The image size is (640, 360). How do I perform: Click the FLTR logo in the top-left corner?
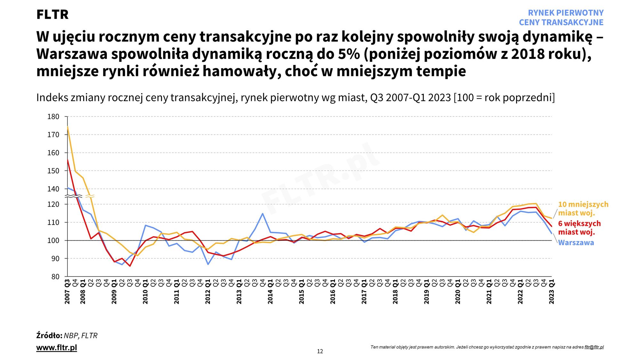click(52, 15)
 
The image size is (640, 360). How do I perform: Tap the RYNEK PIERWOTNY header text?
click(565, 13)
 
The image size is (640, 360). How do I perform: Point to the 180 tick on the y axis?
click(53, 117)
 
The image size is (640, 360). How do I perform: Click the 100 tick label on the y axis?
click(53, 241)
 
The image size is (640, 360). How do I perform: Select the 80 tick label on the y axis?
click(55, 277)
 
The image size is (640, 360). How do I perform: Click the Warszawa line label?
click(576, 243)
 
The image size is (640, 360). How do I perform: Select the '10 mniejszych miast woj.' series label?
click(583, 209)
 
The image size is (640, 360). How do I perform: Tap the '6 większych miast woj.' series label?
click(579, 228)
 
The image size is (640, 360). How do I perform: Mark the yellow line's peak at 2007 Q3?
click(68, 127)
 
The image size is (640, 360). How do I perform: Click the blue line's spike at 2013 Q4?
click(263, 213)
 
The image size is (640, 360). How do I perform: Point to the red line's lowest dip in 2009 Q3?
click(130, 266)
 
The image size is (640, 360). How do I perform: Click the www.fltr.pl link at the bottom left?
click(57, 348)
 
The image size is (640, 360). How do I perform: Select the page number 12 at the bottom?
click(320, 351)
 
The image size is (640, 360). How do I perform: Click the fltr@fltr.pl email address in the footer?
click(594, 347)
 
